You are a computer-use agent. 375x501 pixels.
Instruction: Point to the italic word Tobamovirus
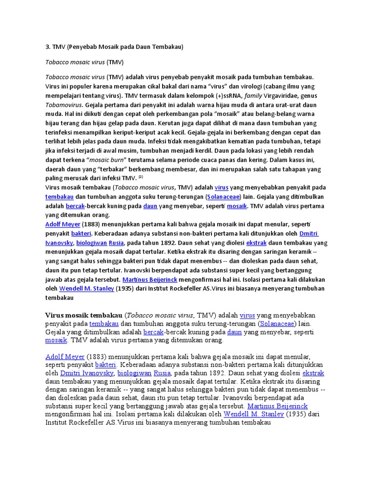pyautogui.click(x=64, y=105)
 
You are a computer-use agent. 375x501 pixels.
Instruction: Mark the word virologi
pyautogui.click(x=236, y=86)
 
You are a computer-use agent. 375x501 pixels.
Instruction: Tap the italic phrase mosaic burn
pyautogui.click(x=108, y=160)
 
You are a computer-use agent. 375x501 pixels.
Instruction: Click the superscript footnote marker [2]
pyautogui.click(x=140, y=177)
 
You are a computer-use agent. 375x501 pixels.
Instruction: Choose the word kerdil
pyautogui.click(x=206, y=151)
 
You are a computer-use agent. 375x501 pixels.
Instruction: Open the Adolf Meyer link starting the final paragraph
pyautogui.click(x=65, y=356)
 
